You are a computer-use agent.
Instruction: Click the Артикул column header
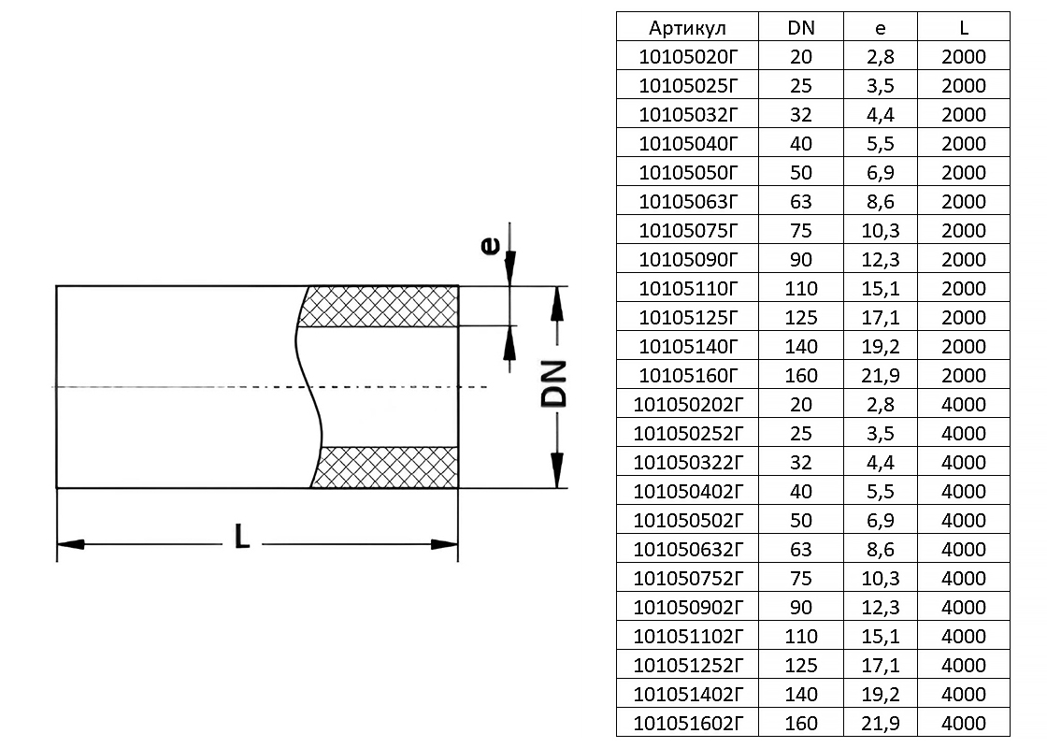click(x=687, y=27)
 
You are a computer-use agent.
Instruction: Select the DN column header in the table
click(x=801, y=27)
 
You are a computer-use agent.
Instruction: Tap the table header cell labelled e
click(x=881, y=27)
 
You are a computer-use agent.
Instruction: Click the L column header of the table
click(x=964, y=27)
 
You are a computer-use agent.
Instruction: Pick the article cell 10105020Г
click(x=687, y=56)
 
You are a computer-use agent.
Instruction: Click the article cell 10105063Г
click(x=687, y=201)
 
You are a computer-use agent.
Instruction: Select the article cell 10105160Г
click(x=687, y=375)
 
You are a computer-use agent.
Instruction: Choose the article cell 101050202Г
click(x=687, y=404)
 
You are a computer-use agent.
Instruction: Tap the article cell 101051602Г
click(x=687, y=723)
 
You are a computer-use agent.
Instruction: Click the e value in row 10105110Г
click(x=881, y=288)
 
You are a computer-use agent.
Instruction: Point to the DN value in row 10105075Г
click(x=801, y=230)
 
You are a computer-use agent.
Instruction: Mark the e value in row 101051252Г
click(x=881, y=665)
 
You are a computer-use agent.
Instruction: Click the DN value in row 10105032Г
click(x=801, y=114)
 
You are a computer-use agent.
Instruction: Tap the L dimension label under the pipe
click(x=242, y=536)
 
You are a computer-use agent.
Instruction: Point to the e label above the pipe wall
click(x=489, y=246)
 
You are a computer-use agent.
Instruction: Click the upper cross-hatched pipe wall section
click(x=383, y=306)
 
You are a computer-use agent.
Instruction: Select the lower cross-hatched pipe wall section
click(x=388, y=467)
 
